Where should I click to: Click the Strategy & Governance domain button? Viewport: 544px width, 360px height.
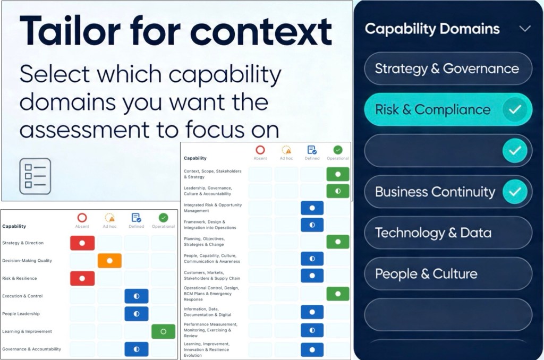pos(448,68)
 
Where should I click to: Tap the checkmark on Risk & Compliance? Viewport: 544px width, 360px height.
pos(515,109)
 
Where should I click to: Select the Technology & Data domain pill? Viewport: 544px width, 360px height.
pos(448,233)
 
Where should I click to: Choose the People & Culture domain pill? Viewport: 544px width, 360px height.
pos(448,273)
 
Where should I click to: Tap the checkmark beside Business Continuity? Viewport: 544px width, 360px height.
pos(515,192)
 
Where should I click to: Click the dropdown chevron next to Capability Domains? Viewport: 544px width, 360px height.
pos(525,29)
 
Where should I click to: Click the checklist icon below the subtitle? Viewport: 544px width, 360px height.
pos(35,176)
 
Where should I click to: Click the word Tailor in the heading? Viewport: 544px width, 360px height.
pos(70,31)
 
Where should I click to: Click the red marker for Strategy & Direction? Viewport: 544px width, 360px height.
pos(82,243)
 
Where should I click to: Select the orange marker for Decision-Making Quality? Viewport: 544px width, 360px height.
pos(109,261)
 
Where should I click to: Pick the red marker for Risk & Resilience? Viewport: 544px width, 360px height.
pos(82,279)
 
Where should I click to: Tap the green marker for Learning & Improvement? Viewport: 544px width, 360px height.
pos(164,331)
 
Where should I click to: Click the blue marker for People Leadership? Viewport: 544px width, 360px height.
pos(137,314)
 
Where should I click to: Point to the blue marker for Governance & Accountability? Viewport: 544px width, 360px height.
pos(137,349)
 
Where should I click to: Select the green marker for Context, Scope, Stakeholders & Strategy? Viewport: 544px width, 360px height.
pos(338,174)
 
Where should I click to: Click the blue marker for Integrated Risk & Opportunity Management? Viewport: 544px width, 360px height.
pos(312,208)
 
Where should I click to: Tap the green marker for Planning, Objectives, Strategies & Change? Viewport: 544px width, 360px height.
pos(338,242)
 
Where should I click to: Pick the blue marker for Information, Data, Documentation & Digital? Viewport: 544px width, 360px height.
pos(312,312)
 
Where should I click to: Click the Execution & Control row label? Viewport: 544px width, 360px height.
pos(22,296)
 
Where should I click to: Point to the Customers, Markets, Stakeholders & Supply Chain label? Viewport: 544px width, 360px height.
pos(211,276)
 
